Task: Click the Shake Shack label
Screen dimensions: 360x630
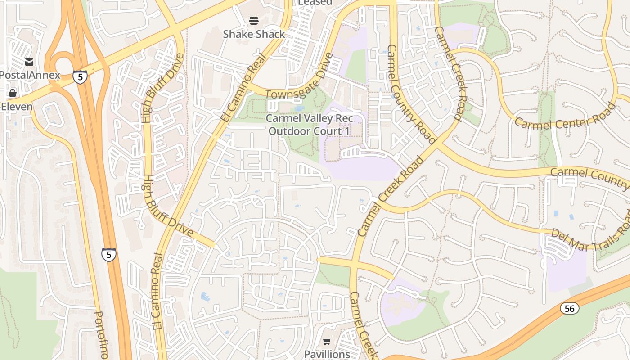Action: coord(254,34)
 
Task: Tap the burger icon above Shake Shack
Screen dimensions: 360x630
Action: coord(254,21)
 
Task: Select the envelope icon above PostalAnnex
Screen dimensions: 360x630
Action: coord(30,62)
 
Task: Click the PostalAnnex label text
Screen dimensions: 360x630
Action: coord(30,75)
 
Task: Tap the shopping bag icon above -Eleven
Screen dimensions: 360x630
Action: coord(13,93)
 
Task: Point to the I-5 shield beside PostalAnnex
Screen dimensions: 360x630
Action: coord(80,77)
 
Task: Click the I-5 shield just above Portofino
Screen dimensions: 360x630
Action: coord(108,255)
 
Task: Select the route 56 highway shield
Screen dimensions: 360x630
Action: coord(569,308)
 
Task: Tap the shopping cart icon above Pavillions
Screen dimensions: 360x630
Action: coord(327,342)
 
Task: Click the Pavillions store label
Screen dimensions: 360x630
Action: coord(327,354)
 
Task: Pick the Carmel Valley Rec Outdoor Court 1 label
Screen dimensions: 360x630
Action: coord(309,125)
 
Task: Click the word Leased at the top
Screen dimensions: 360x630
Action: coord(315,3)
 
